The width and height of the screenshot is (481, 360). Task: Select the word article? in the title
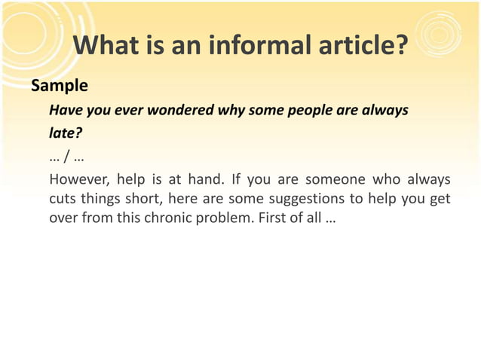359,47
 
